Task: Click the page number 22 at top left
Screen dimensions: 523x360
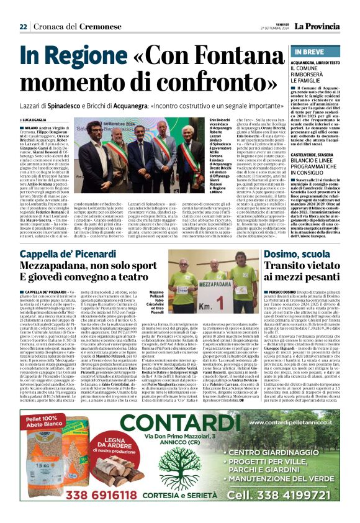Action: (23, 26)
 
